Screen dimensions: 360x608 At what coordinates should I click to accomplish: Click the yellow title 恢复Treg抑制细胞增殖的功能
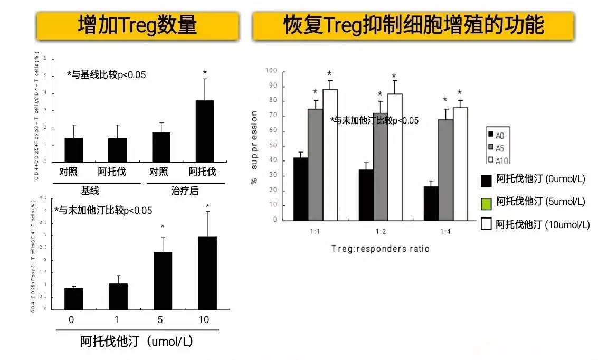[413, 25]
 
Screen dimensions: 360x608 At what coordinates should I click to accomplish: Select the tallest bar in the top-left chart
[205, 131]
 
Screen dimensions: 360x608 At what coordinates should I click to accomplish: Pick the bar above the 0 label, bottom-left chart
[73, 299]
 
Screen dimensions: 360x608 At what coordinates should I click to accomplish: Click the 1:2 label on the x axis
[381, 231]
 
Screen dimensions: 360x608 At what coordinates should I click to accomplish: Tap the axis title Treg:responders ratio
[380, 249]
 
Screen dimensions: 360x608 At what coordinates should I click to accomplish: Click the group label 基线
[90, 190]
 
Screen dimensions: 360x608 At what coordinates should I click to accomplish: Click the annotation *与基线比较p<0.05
[106, 75]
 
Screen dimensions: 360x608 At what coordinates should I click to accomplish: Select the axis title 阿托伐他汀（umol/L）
[137, 342]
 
